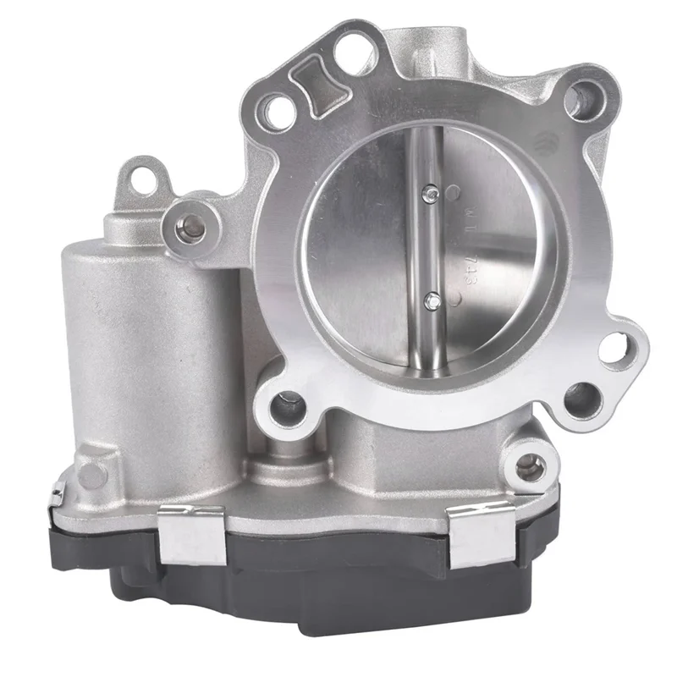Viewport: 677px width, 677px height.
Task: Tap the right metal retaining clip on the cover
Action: click(x=482, y=533)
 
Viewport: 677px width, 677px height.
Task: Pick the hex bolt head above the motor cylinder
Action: click(x=193, y=224)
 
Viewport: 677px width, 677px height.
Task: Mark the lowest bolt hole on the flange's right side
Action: click(x=582, y=398)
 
